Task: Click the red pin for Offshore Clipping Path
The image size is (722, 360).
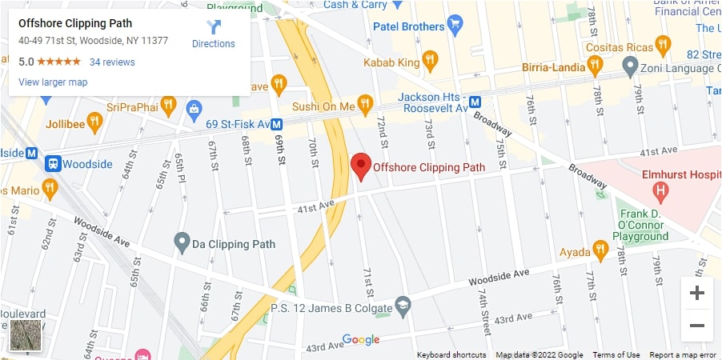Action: pos(361,165)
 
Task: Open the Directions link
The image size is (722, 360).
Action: pos(214,34)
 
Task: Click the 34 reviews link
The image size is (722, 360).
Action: pos(112,62)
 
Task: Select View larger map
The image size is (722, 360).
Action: pos(53,82)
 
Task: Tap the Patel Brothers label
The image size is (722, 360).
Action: pos(409,26)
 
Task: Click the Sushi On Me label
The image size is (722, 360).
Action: pos(324,106)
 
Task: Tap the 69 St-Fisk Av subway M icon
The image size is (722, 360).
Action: pos(276,124)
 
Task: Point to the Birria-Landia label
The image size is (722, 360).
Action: pos(554,67)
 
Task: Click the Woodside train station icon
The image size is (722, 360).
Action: pos(54,163)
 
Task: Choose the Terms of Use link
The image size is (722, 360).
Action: pos(616,354)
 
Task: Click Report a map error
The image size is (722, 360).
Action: pos(683,354)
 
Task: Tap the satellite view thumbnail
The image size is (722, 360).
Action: pos(26,336)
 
